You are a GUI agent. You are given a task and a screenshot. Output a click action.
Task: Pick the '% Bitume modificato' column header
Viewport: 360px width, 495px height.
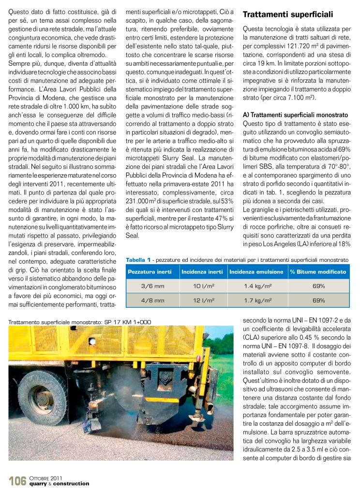click(x=318, y=272)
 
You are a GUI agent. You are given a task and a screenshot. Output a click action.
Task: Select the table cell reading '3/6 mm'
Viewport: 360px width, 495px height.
click(x=152, y=286)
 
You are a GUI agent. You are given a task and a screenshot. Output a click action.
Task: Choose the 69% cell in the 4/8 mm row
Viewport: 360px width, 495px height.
click(x=318, y=300)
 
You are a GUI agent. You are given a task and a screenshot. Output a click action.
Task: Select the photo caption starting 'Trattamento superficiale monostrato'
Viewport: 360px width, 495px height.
click(x=80, y=321)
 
